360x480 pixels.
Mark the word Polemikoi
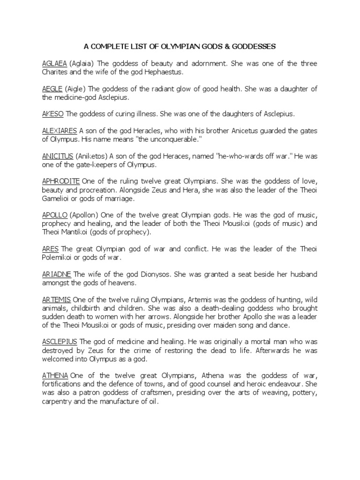pyautogui.click(x=59, y=257)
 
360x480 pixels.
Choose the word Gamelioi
pyautogui.click(x=58, y=198)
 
